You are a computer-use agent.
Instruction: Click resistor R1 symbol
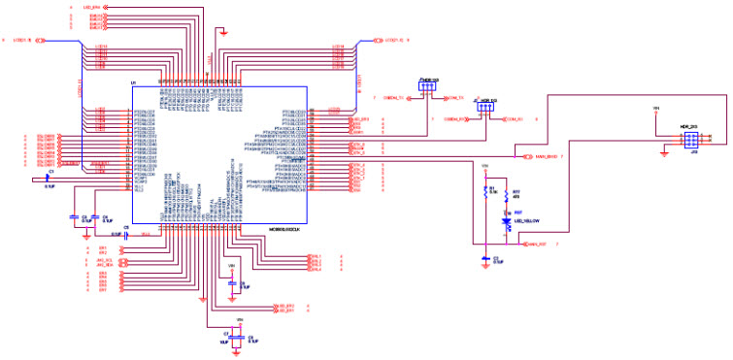(x=483, y=192)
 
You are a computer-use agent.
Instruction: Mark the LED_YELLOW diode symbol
(x=505, y=222)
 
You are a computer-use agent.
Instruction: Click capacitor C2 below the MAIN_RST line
(x=484, y=257)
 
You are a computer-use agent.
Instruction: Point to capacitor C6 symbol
(x=231, y=283)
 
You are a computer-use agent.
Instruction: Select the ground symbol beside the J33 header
(x=663, y=151)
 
